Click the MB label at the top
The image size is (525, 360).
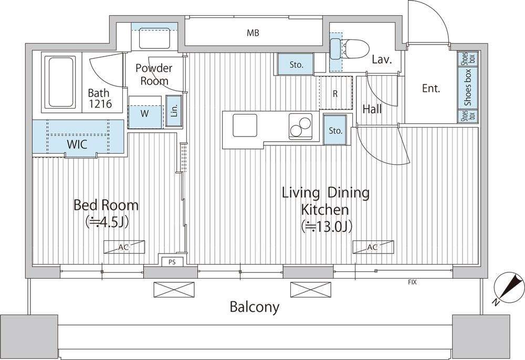click(253, 33)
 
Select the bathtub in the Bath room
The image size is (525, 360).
click(61, 82)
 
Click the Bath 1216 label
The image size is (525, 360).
click(99, 98)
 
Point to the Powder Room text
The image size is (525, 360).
click(154, 75)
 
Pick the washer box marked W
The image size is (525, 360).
click(145, 113)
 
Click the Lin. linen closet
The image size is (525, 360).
click(174, 111)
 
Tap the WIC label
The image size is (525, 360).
click(77, 144)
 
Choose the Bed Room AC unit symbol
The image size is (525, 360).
click(124, 247)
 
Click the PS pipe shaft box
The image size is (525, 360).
click(172, 262)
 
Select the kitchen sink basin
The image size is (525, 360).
click(245, 125)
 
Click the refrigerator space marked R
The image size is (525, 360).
click(335, 93)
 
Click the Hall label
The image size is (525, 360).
click(372, 109)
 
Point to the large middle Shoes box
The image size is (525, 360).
click(468, 87)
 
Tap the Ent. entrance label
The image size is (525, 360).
click(431, 88)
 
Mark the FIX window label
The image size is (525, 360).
click(412, 282)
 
